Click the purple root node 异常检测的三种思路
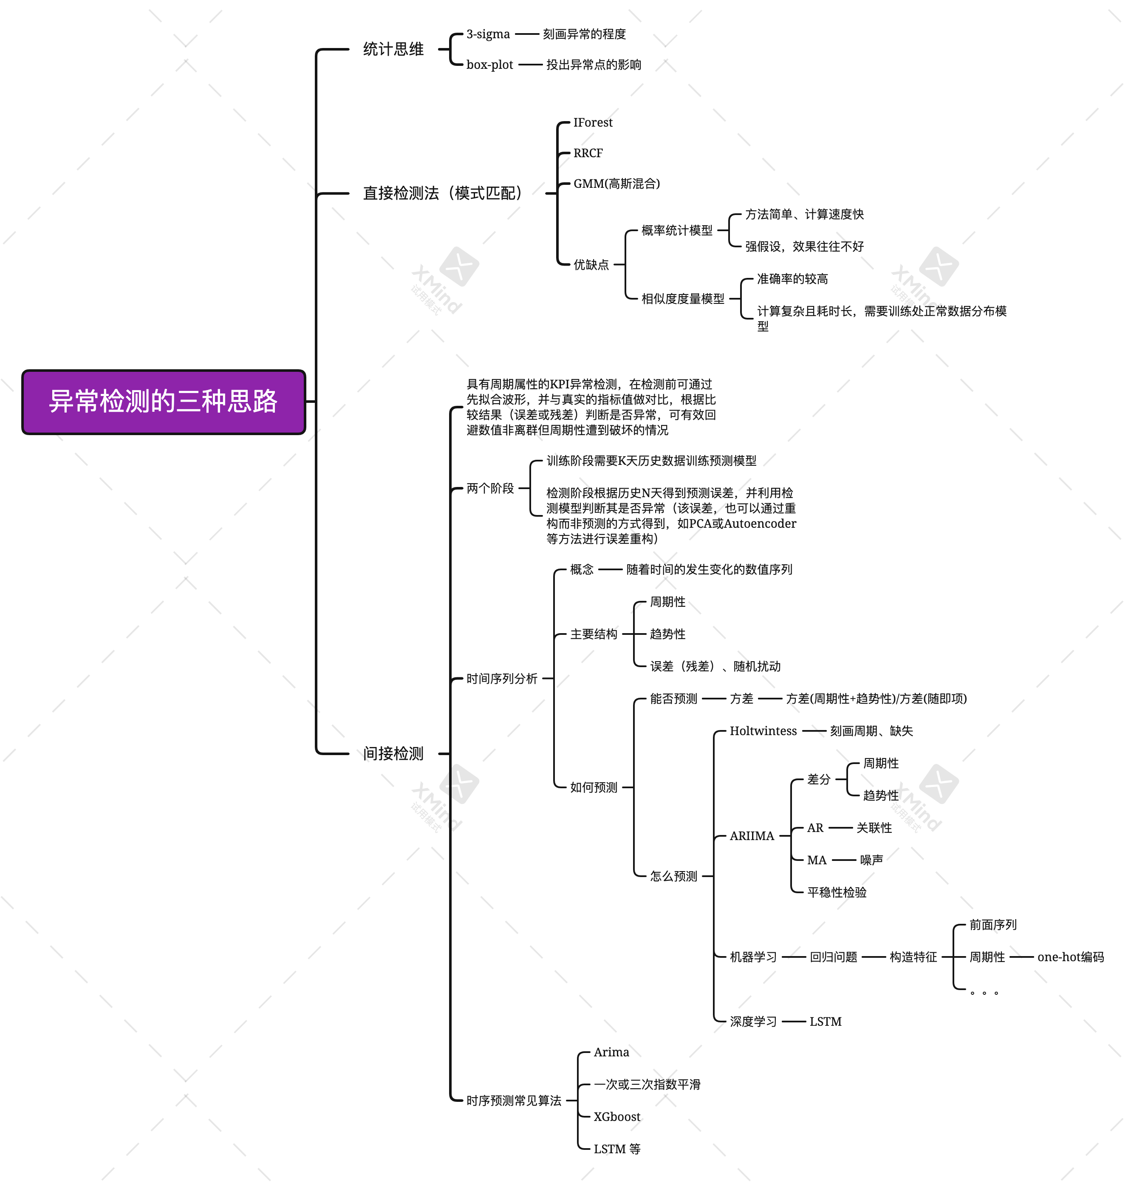point(164,402)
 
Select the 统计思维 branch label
point(393,49)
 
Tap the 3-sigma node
point(488,34)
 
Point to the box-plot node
point(489,65)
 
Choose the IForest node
point(593,122)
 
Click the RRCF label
point(588,153)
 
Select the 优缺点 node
point(591,265)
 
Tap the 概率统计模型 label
point(676,230)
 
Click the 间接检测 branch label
point(393,754)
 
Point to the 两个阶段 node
point(490,488)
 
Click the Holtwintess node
point(763,731)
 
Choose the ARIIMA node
point(752,836)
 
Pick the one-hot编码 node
point(1070,957)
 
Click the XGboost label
point(617,1117)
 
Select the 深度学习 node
point(753,1022)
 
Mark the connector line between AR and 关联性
point(840,828)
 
